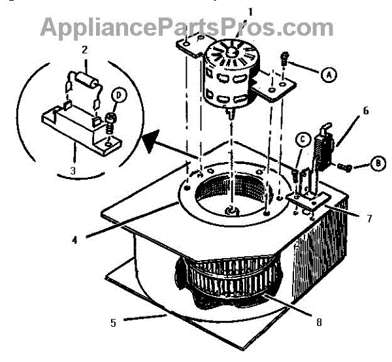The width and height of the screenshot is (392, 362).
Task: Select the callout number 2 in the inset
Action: [x=84, y=50]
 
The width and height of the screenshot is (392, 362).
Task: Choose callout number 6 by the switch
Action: [x=365, y=110]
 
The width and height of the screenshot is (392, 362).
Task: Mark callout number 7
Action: [x=370, y=218]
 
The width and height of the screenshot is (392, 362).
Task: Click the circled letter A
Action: [x=329, y=74]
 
